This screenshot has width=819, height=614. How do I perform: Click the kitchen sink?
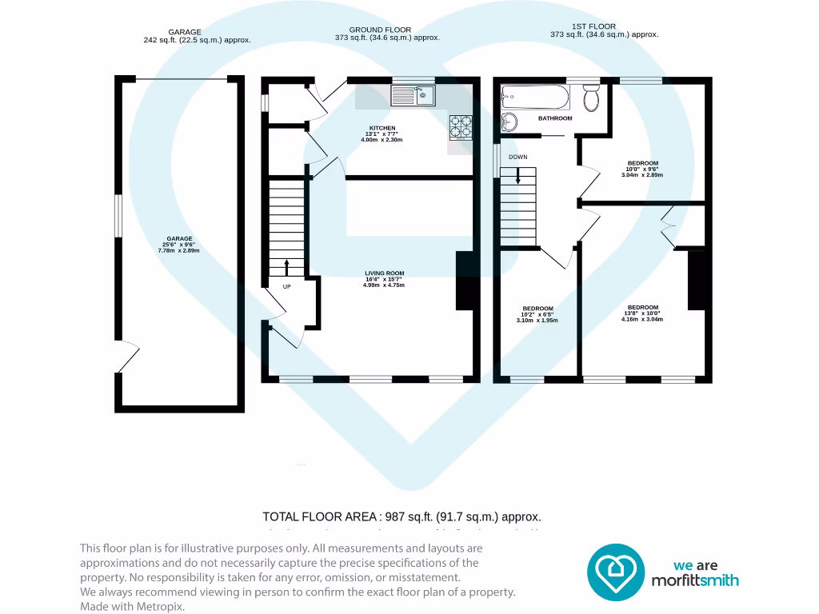412,97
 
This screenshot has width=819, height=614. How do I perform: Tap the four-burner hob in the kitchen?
460,126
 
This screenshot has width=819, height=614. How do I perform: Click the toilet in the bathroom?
592,99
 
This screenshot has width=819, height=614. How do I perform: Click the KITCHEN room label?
382,128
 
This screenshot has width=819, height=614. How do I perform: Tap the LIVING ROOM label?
384,273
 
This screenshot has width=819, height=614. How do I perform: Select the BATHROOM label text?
555,118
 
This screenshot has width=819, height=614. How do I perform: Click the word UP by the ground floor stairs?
286,285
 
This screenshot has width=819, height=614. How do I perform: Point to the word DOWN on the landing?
517,157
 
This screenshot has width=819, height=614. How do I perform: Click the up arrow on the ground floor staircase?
286,267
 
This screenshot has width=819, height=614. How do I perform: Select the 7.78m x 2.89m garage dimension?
178,250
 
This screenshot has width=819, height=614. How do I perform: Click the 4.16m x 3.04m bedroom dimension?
642,319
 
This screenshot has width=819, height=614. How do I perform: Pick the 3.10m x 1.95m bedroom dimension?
537,320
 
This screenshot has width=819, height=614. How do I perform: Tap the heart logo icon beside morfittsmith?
616,572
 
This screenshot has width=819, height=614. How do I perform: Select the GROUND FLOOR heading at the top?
380,30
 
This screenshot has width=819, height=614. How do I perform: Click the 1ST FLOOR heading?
594,26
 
